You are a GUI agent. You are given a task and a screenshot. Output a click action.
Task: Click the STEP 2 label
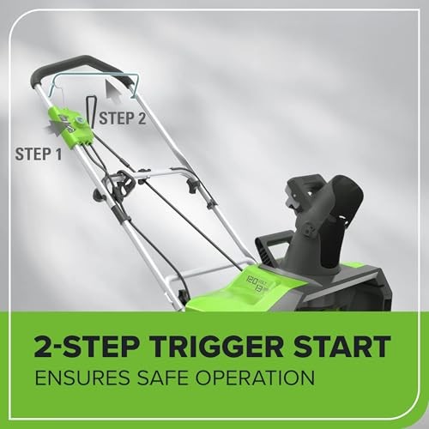(x=123, y=118)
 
